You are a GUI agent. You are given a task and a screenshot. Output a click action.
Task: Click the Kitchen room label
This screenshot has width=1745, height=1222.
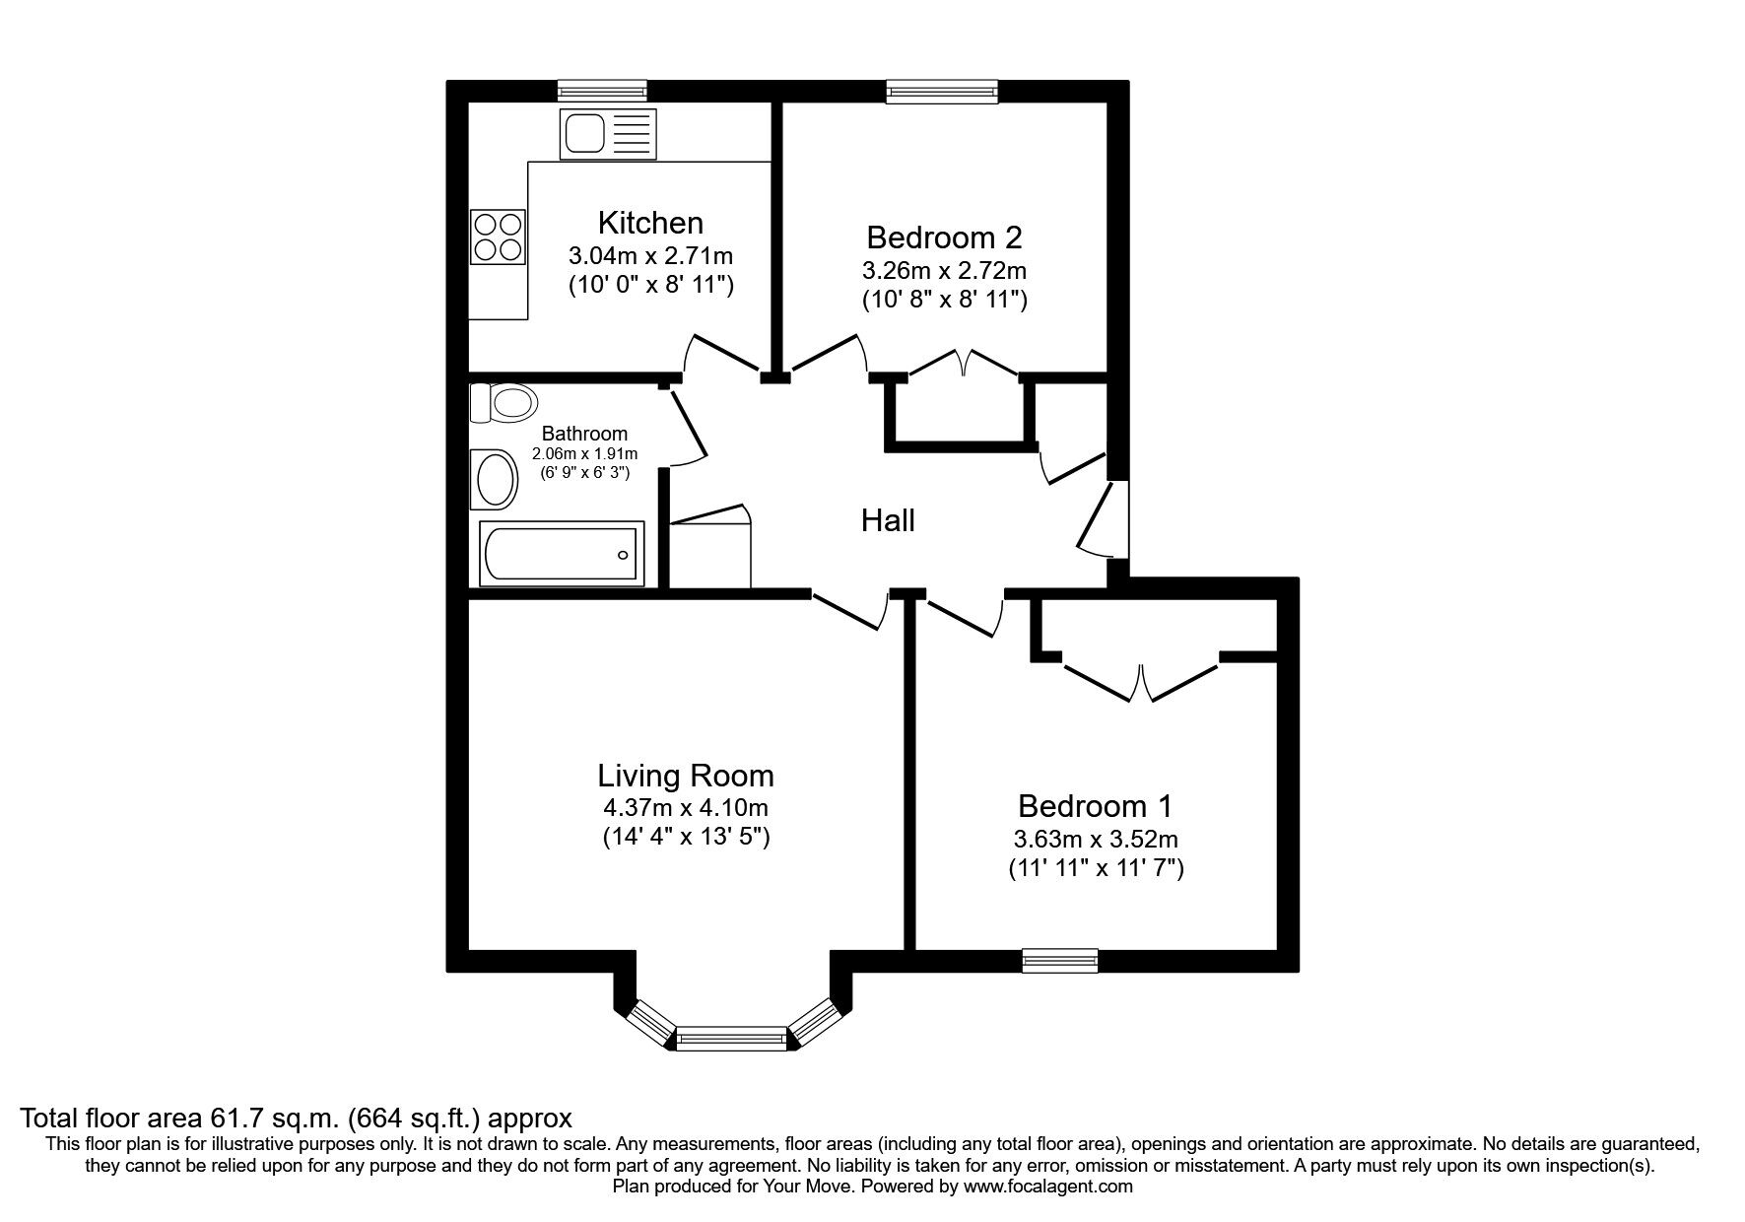(x=650, y=222)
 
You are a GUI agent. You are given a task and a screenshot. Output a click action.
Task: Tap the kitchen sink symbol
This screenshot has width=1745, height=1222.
(x=605, y=133)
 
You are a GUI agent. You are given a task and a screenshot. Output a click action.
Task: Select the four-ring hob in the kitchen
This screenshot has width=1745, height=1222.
(x=498, y=237)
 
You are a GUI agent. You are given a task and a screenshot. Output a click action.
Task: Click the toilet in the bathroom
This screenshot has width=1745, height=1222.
(x=505, y=403)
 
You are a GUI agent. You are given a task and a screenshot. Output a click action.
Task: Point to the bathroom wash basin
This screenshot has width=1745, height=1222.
(x=496, y=481)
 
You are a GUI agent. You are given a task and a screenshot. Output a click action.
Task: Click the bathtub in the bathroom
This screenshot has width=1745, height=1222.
(x=562, y=554)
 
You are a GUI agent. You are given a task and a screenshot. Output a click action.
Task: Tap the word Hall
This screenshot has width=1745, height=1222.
(x=888, y=520)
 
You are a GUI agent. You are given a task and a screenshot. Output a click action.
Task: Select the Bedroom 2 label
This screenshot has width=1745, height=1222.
(x=944, y=238)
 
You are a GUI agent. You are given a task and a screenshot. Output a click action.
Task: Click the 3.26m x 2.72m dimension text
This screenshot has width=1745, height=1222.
(x=944, y=269)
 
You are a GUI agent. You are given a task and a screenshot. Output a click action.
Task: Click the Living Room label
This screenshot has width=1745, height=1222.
(x=686, y=776)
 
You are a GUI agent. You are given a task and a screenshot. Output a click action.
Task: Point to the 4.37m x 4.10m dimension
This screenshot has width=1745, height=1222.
(x=686, y=808)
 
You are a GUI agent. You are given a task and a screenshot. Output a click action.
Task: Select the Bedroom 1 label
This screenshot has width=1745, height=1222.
(x=1095, y=806)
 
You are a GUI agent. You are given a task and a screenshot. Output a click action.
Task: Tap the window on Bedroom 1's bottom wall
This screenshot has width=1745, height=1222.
(x=1059, y=959)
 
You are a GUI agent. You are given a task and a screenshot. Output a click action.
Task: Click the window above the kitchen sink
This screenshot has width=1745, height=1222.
(x=602, y=91)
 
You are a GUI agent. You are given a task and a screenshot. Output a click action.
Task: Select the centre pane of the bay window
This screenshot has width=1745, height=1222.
(x=732, y=1037)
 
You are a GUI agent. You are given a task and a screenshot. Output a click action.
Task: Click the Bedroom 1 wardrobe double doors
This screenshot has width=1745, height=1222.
(x=1141, y=682)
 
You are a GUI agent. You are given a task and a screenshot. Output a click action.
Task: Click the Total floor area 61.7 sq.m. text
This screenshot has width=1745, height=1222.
(x=296, y=1119)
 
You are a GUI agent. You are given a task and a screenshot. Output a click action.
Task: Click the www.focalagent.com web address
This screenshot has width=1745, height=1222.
(x=1048, y=1187)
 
